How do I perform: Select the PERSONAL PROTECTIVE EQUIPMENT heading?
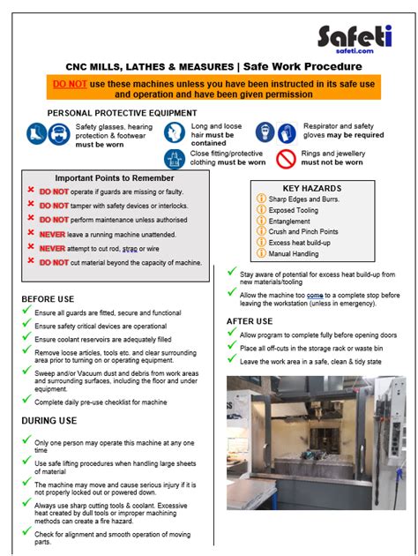pyautogui.click(x=122, y=114)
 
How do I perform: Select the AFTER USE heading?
pyautogui.click(x=254, y=320)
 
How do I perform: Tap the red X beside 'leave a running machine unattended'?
pyautogui.click(x=31, y=234)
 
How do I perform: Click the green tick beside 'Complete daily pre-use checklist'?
pyautogui.click(x=26, y=402)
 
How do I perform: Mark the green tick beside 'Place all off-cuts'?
pyautogui.click(x=232, y=348)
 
